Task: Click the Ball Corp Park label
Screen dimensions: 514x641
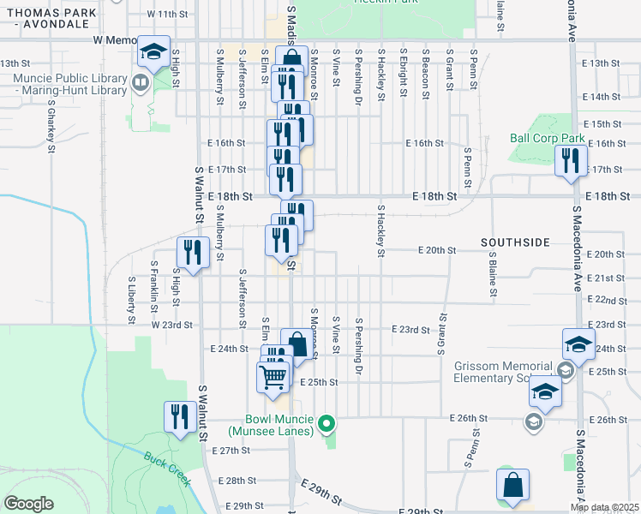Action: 547,138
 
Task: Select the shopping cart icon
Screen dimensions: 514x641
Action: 273,376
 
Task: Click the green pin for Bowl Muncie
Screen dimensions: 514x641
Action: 326,423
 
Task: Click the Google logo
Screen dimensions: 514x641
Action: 29,504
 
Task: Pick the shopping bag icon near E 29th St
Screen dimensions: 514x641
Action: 512,485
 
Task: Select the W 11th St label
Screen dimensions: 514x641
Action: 166,15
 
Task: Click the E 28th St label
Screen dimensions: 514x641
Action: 238,481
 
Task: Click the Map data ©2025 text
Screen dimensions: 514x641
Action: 604,507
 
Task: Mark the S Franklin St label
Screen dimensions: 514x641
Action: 154,281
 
